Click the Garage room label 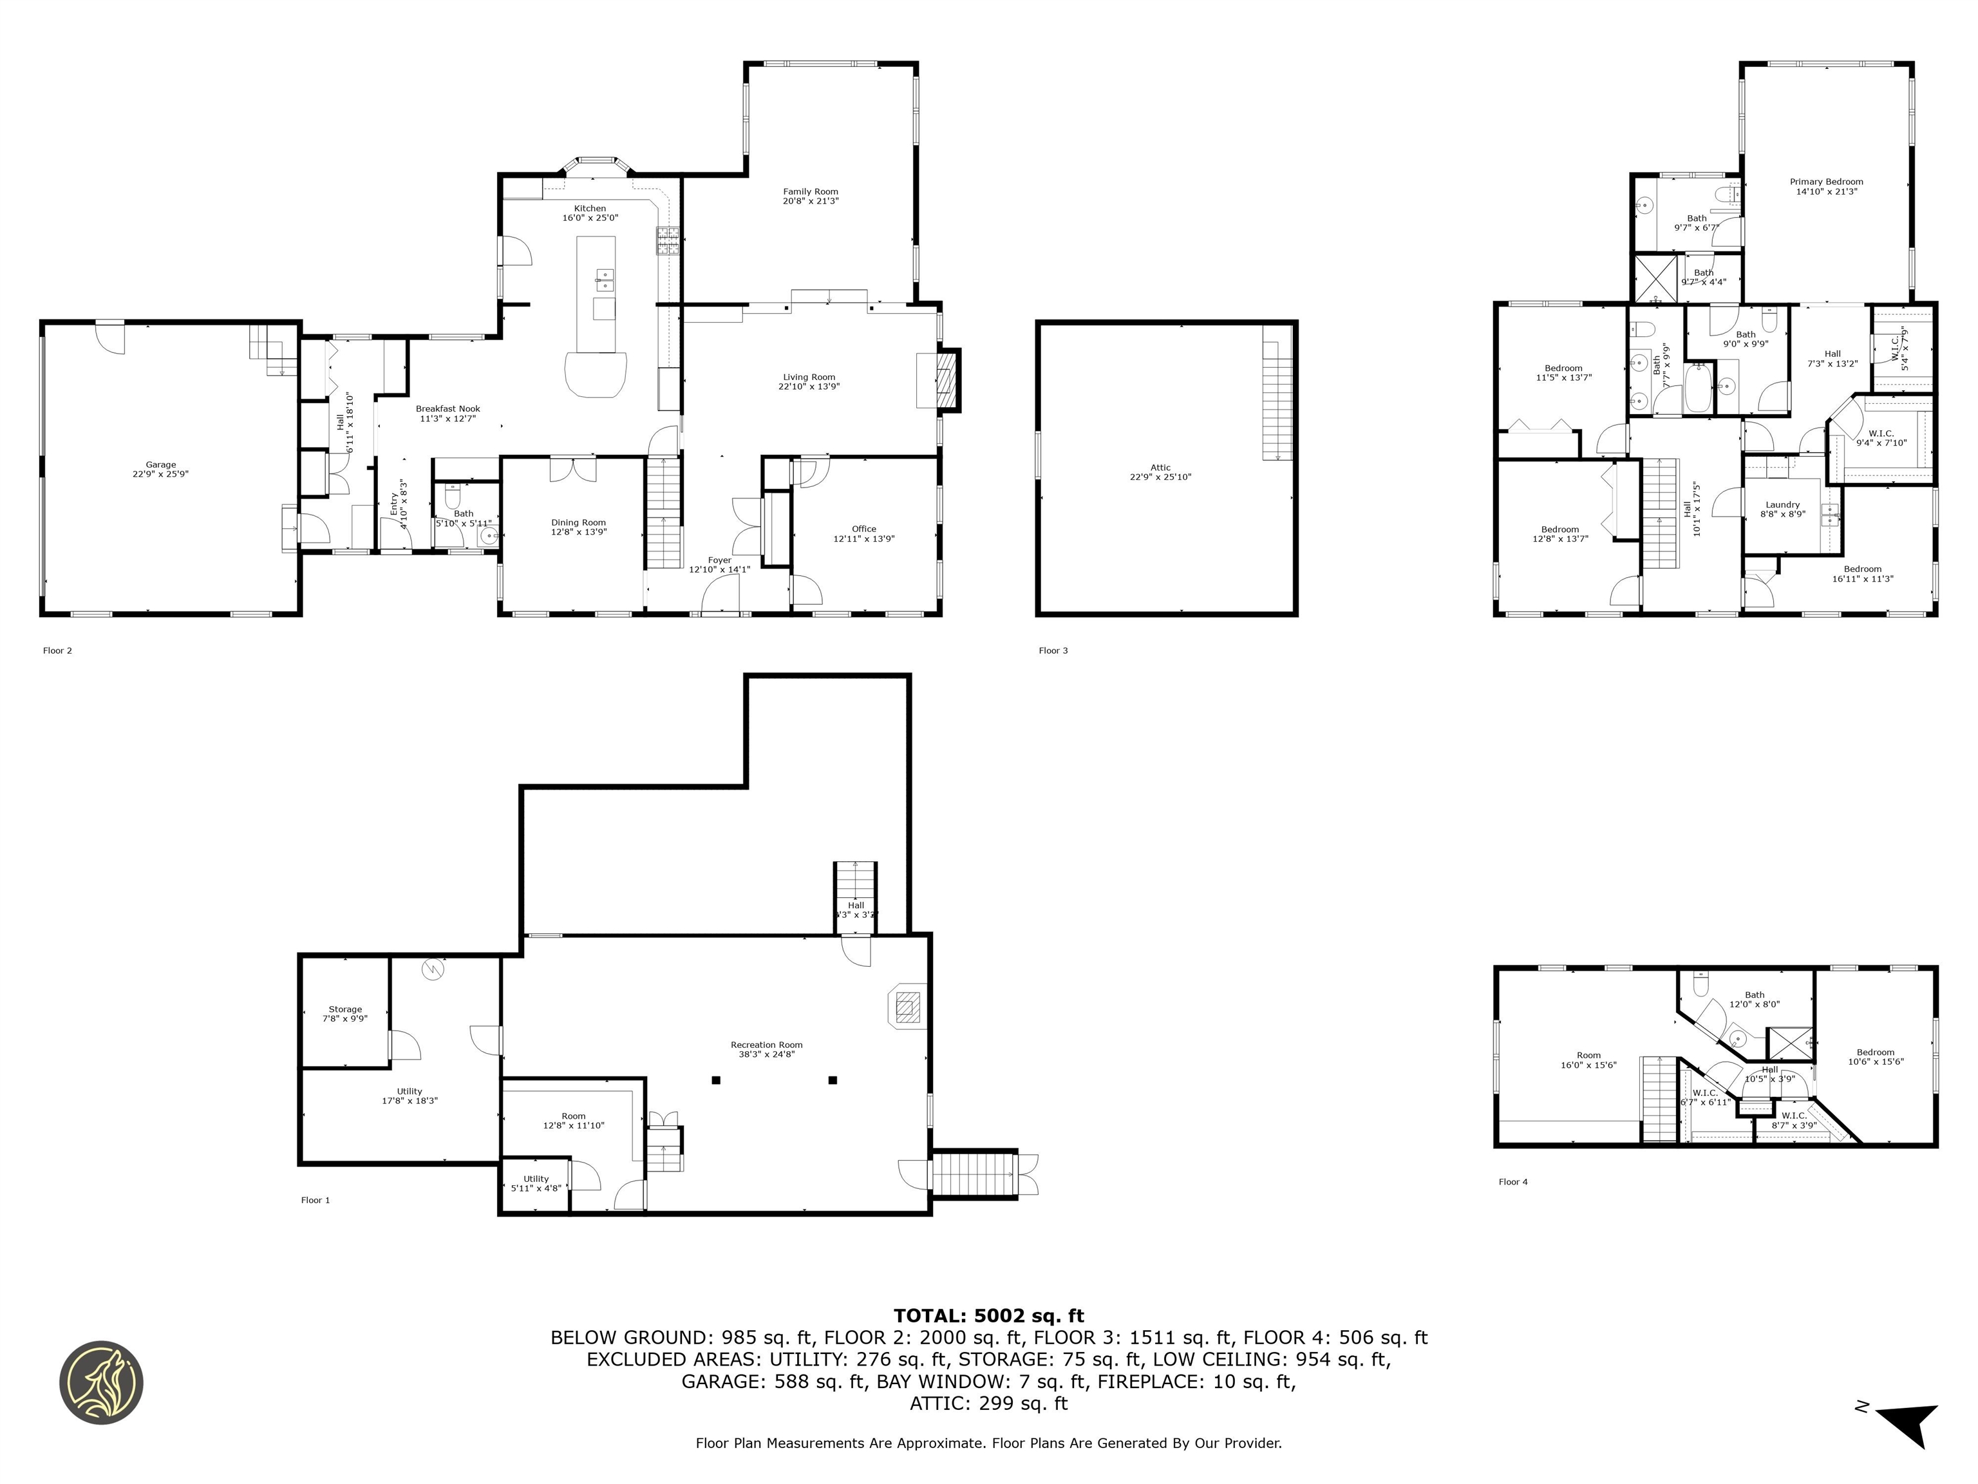161,470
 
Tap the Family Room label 810,196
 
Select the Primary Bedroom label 1826,186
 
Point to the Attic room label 1160,472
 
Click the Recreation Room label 766,1049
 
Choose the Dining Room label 578,527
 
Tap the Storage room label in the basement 345,1013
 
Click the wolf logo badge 101,1383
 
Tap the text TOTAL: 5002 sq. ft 988,1316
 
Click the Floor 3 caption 1053,651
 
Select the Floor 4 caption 1513,1182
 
